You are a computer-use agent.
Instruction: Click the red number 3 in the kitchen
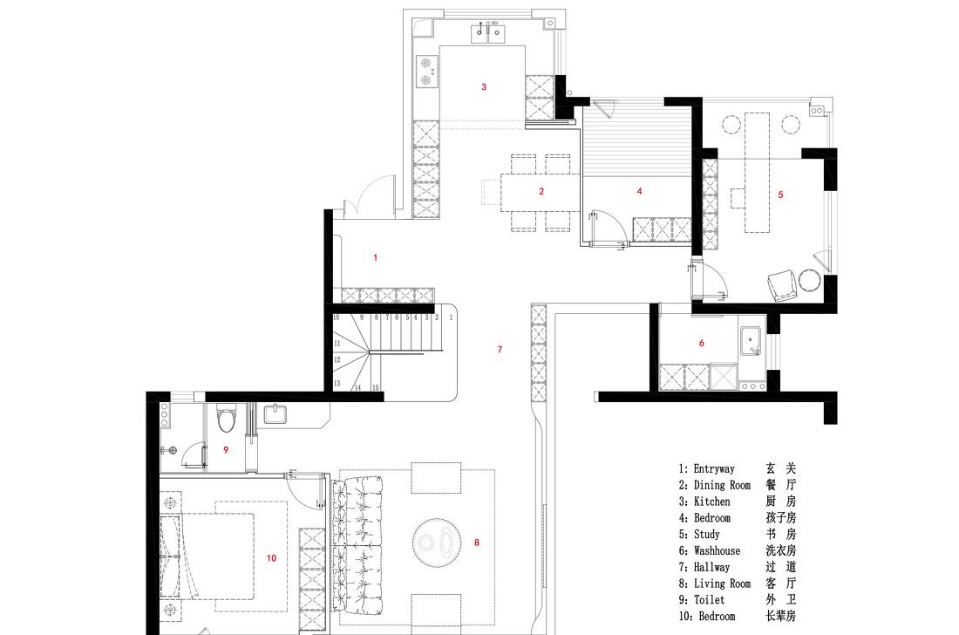click(484, 87)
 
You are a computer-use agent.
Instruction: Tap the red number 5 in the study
click(780, 195)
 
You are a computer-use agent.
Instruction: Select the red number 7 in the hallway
click(500, 349)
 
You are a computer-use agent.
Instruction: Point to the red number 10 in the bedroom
click(271, 557)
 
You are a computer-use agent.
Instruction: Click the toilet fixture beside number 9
click(227, 420)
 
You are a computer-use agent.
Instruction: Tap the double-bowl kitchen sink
click(488, 34)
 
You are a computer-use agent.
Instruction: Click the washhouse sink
click(751, 341)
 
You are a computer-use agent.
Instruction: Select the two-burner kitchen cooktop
click(427, 72)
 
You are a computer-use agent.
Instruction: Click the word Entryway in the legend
click(714, 468)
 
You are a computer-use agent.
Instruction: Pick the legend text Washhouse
click(717, 550)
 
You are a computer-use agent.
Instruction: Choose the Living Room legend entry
click(722, 584)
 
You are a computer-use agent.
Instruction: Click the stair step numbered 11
click(337, 344)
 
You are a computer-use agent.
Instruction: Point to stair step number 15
click(376, 388)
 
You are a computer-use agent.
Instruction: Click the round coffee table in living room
click(437, 542)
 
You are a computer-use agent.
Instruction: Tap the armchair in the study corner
click(782, 286)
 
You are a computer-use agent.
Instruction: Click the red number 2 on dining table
click(541, 192)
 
